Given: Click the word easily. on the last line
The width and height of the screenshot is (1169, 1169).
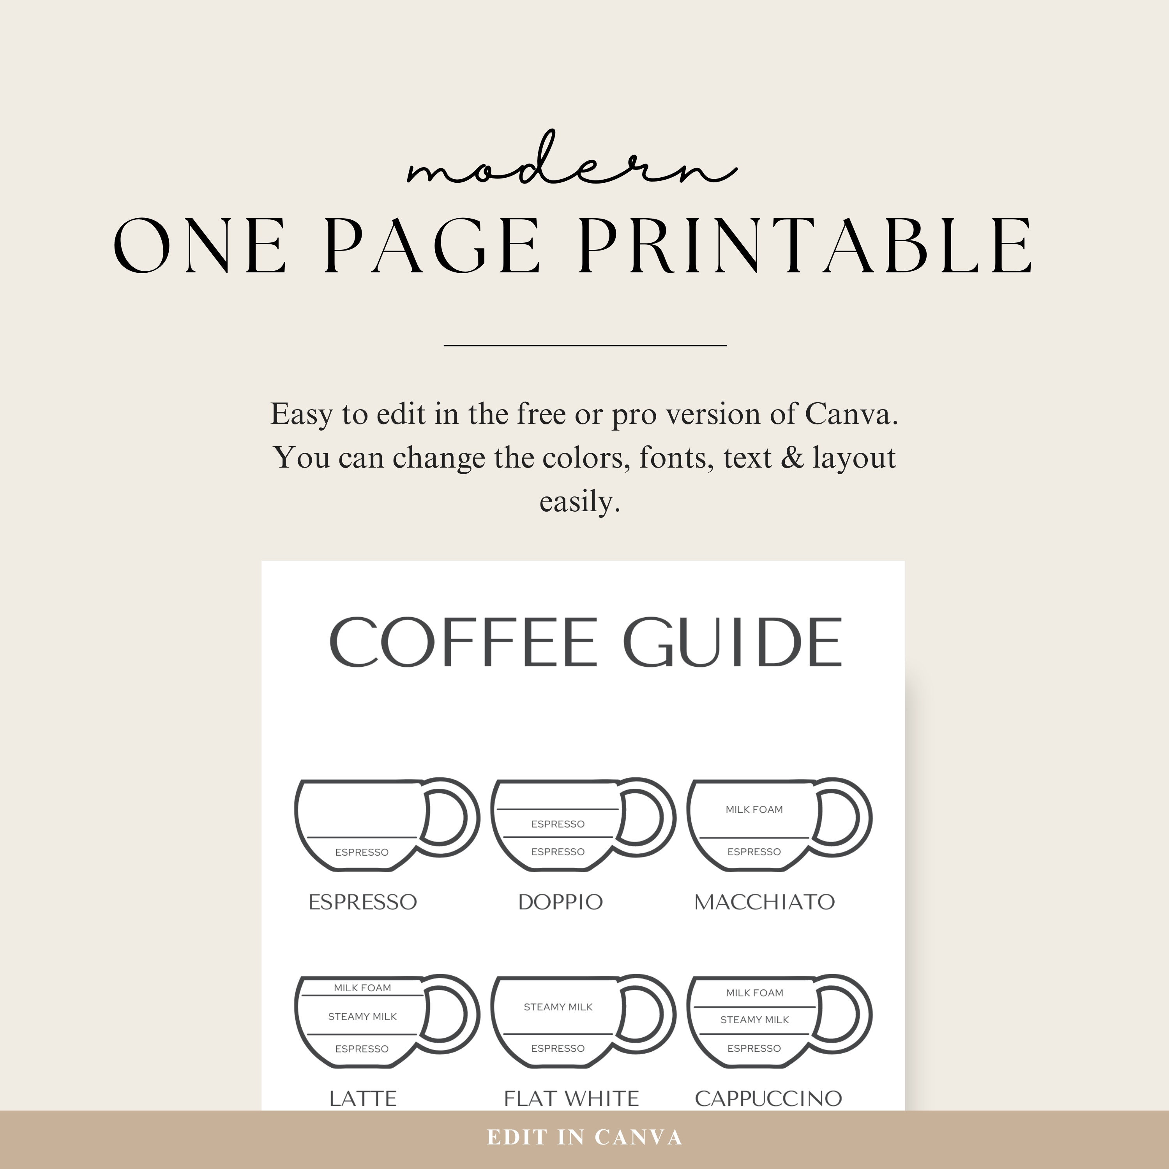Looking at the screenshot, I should (x=580, y=502).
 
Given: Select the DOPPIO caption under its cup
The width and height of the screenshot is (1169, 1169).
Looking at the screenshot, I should (x=560, y=902).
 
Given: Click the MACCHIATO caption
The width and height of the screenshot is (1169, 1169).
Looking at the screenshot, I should (x=764, y=902).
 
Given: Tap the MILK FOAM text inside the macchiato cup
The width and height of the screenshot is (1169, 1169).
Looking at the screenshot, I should (x=754, y=810).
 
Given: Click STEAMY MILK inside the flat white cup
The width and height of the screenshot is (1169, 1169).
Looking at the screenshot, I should (x=558, y=1007).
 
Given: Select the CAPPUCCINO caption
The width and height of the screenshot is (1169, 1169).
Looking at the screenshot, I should (x=768, y=1098).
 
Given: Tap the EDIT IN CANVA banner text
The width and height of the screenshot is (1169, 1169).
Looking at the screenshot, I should (x=584, y=1137).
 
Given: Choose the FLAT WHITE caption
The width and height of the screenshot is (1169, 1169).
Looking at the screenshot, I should (x=571, y=1098).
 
